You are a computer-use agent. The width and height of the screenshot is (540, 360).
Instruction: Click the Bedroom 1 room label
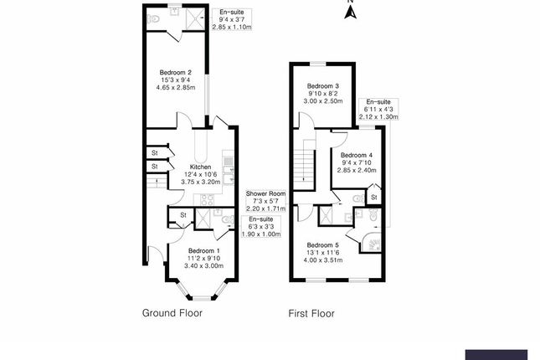pos(204,250)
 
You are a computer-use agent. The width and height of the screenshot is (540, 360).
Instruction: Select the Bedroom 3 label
pos(322,86)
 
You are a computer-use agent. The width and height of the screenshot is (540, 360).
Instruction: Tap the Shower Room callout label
pos(265,193)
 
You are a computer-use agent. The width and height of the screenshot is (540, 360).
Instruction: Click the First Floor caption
pos(311,314)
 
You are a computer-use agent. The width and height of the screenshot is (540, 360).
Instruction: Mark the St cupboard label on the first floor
pos(373,197)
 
